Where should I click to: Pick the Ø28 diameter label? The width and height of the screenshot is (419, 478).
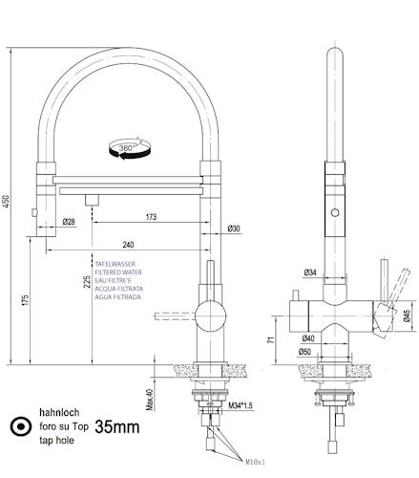tap(69, 223)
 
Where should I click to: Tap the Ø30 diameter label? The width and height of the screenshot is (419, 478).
tap(234, 228)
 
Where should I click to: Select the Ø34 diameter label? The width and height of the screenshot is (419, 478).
tap(310, 273)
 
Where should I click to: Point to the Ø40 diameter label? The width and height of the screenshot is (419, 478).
tap(309, 337)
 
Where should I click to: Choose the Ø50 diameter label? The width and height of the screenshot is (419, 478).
tap(307, 353)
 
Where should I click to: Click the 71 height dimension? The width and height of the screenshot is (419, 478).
tap(272, 338)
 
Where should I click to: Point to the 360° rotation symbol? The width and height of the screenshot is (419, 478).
tap(125, 148)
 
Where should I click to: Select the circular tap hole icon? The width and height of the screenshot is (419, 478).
tap(17, 428)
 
